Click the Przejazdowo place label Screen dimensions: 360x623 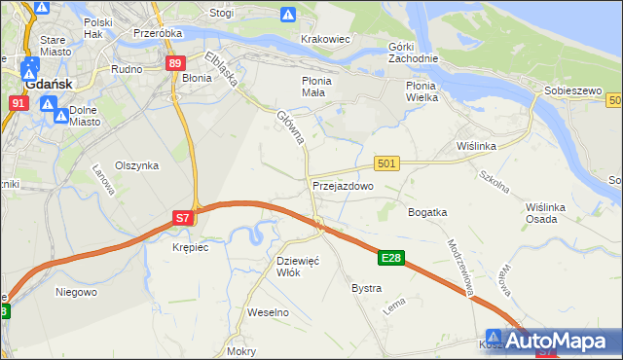[x=343, y=185]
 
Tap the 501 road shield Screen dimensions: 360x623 [x=386, y=164]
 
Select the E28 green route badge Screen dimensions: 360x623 [x=391, y=258]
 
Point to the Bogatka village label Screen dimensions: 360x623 [x=427, y=211]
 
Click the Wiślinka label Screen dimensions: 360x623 [x=477, y=146]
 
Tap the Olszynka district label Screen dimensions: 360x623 [x=136, y=165]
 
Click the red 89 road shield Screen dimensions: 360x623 [x=175, y=64]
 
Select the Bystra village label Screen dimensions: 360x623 [x=366, y=289]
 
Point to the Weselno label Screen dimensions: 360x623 [x=269, y=312]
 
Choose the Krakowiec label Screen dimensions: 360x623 [x=325, y=39]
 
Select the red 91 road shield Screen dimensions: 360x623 [x=18, y=102]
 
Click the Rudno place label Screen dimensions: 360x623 [x=128, y=69]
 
